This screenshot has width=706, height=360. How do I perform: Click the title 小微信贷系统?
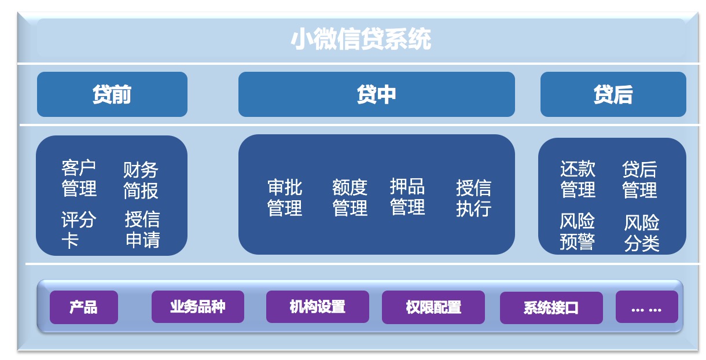pos(361,39)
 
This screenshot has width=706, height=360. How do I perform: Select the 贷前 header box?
pos(112,94)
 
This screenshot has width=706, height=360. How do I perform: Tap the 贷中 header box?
pos(377,94)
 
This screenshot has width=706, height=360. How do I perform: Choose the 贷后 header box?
pos(613,94)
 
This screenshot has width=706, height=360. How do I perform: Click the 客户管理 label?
pos(79,178)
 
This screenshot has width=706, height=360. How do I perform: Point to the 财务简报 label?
pos(141,181)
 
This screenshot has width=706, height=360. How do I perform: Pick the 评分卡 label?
pos(79,230)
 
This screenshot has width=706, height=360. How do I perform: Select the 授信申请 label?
pos(142,229)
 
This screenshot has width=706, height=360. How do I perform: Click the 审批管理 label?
pos(285,198)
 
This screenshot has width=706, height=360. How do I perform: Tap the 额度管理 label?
pos(350,198)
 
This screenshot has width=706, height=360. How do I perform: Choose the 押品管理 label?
pos(407,197)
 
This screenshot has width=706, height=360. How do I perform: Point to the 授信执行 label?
pos(474,199)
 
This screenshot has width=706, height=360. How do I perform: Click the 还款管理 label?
pos(578,179)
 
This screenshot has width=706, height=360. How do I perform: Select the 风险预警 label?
pos(578,232)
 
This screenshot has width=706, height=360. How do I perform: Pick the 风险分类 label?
pos(642,233)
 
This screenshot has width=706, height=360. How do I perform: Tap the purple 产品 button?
pos(84,307)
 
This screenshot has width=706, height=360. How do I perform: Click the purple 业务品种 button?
pos(198,307)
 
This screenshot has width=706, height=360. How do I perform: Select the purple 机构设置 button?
pos(318,307)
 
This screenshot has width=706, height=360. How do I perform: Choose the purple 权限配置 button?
pos(433,307)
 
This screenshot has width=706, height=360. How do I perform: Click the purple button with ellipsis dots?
pos(647,307)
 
